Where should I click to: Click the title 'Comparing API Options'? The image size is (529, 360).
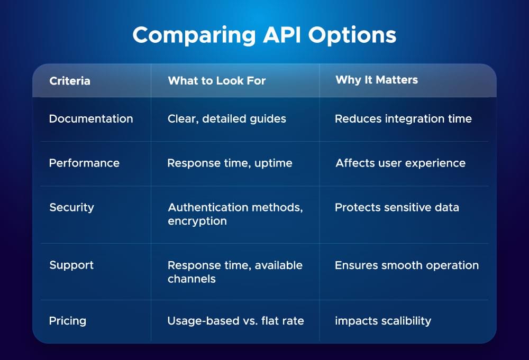coord(264,35)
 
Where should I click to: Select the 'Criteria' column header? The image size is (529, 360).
coord(70,81)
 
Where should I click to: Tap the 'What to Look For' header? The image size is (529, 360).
coord(216,81)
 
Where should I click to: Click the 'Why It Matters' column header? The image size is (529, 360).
coord(377,80)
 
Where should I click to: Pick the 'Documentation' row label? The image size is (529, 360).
coord(91,119)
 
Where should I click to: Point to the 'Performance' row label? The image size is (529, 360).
coord(84,163)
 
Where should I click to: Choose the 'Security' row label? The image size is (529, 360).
coord(71,207)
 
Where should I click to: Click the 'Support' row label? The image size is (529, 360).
coord(71,265)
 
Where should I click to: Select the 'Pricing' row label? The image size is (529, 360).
coord(67,320)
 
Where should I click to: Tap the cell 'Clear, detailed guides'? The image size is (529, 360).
coord(227,119)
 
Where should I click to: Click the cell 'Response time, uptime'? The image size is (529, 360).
coord(230,163)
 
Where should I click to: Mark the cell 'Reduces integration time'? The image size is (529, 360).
coord(403,119)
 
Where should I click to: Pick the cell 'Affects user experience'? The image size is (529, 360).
coord(400,163)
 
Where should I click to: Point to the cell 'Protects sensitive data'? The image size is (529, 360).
coord(397,207)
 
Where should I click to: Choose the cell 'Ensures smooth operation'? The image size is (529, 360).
coord(407,265)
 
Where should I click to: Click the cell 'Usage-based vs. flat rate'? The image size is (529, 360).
coord(235,320)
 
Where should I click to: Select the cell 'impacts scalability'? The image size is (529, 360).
coord(383,320)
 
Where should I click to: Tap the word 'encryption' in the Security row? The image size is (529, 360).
coord(197,221)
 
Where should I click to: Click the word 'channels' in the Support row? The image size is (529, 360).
coord(191,279)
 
